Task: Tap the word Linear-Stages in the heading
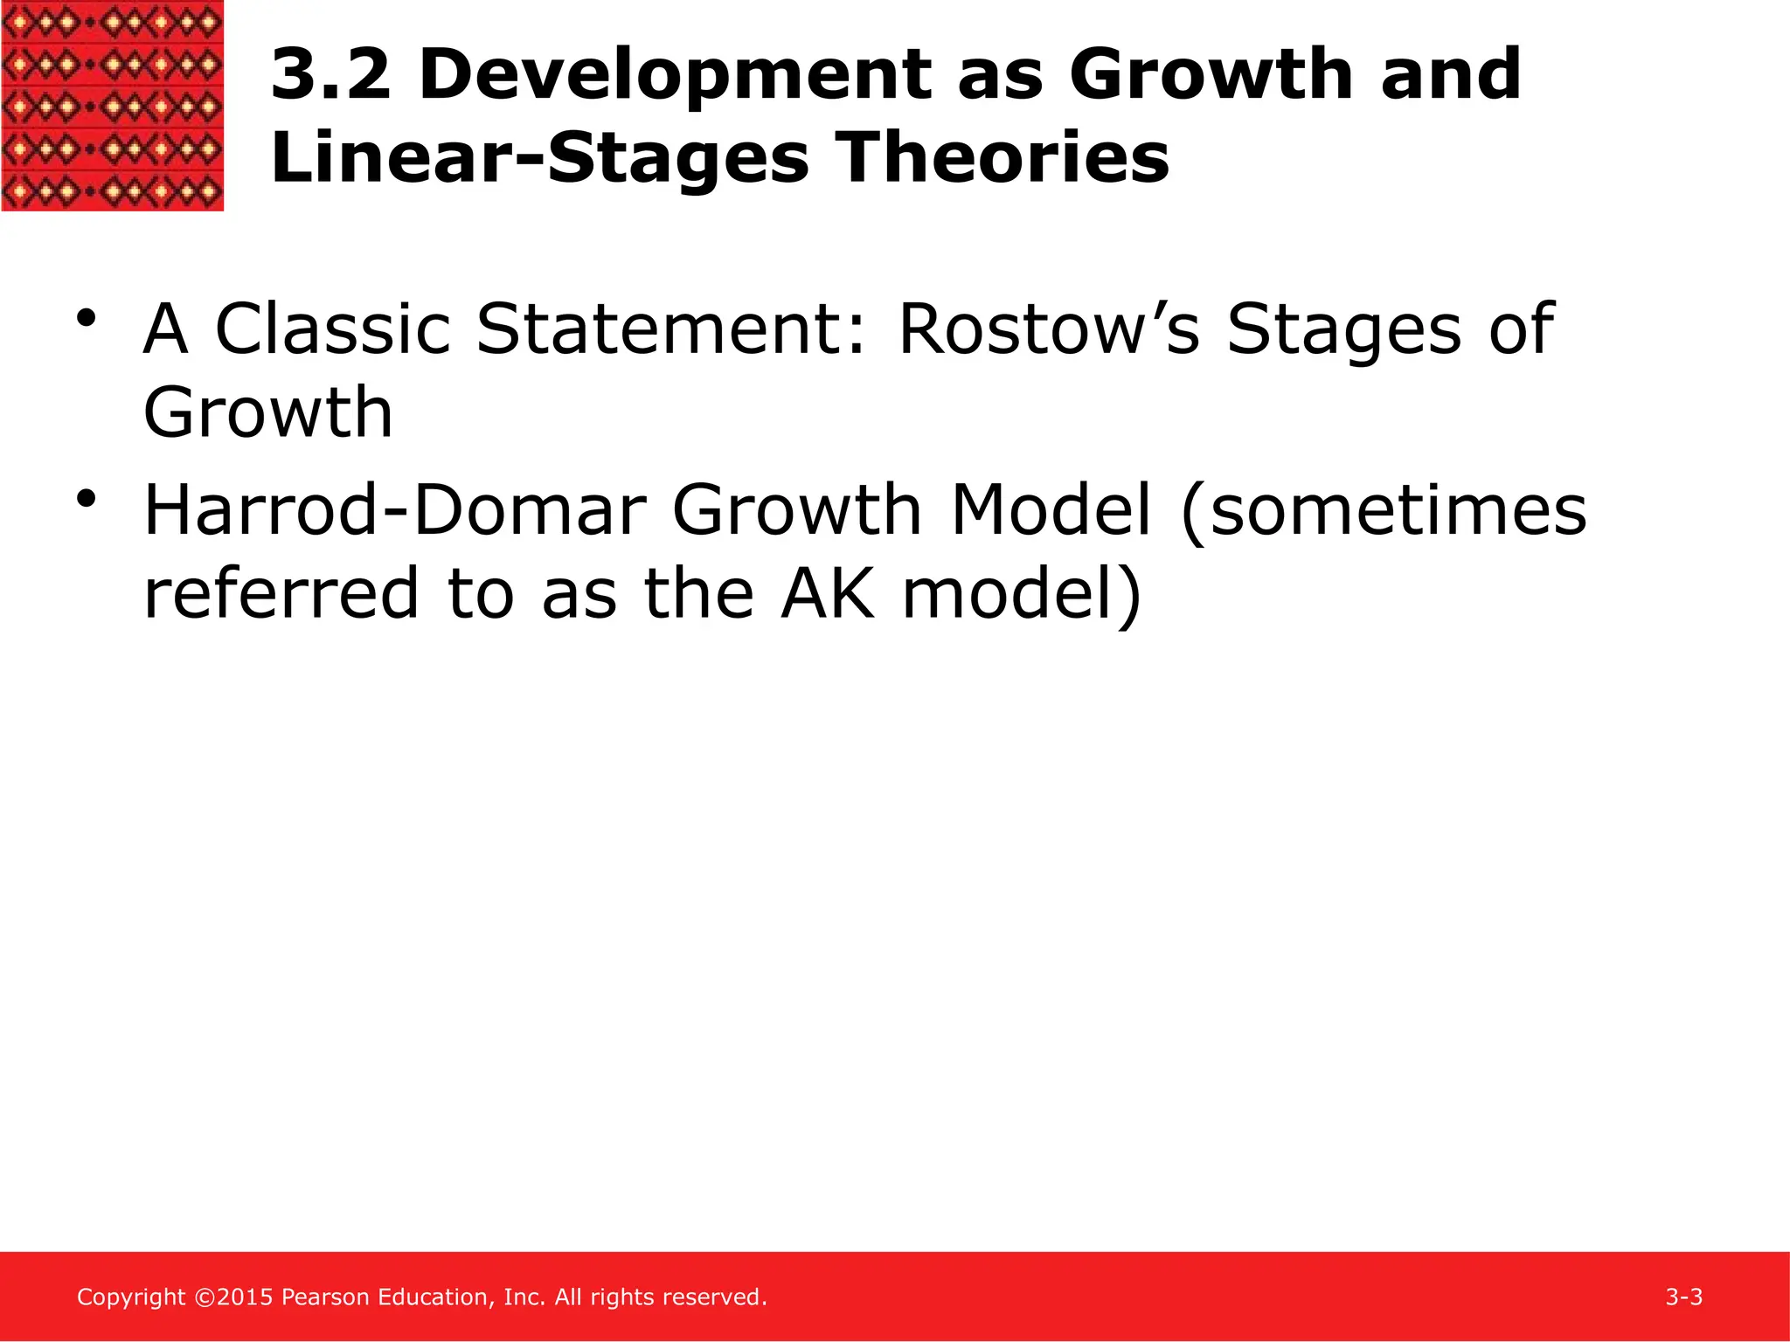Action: pos(540,159)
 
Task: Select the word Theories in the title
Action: pos(1003,159)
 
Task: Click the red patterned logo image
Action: pos(112,105)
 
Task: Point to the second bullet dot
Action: pos(85,499)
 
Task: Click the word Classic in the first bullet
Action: pos(333,329)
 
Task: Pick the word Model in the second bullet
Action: pos(1051,510)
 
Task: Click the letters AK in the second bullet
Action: pos(827,594)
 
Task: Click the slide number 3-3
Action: pos(1683,1297)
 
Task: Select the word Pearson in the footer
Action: pos(326,1297)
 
